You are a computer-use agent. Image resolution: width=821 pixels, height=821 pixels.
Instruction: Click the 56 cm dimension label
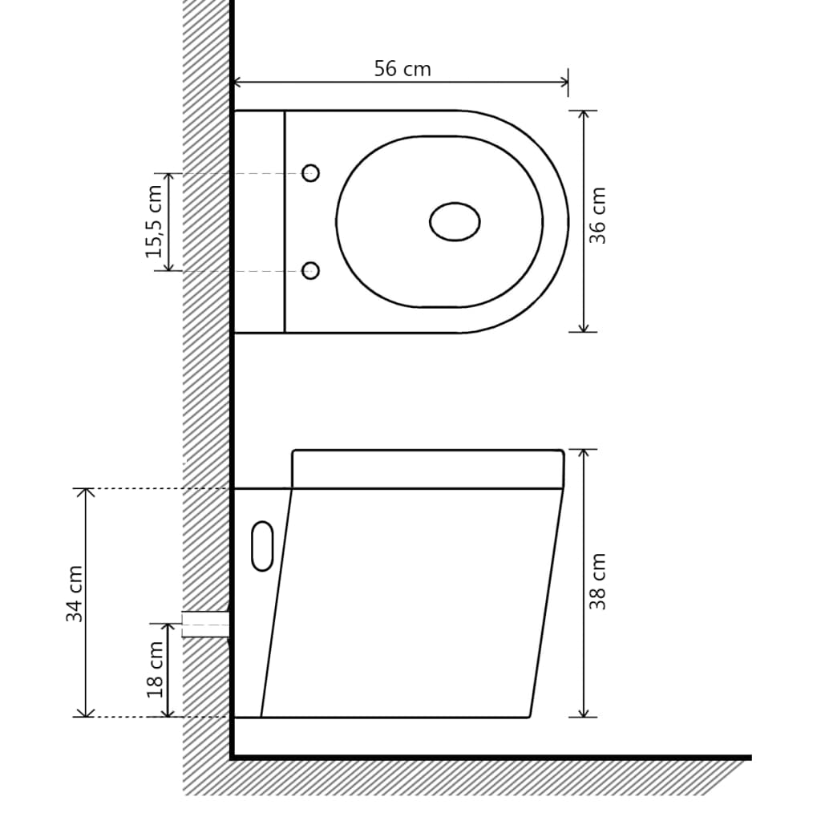pyautogui.click(x=402, y=69)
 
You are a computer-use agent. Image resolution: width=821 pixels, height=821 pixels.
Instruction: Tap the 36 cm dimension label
pyautogui.click(x=598, y=216)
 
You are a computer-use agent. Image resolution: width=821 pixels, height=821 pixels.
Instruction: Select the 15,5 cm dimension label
pyautogui.click(x=154, y=221)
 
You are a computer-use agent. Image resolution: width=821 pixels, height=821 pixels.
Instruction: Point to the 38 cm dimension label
pyautogui.click(x=598, y=581)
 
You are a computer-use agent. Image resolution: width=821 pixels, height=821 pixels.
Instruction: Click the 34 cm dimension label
pyautogui.click(x=75, y=594)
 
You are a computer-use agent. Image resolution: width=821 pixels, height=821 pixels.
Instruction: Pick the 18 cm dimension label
pyautogui.click(x=155, y=669)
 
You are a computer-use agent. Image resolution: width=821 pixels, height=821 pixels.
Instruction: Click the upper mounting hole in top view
pyautogui.click(x=310, y=173)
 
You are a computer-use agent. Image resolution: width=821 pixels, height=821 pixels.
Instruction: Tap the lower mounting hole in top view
pyautogui.click(x=310, y=271)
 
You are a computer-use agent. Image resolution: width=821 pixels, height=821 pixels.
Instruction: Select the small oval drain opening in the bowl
pyautogui.click(x=455, y=222)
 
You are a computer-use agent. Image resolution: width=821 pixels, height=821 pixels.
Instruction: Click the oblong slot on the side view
pyautogui.click(x=262, y=546)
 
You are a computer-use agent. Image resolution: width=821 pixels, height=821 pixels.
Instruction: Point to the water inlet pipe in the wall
pyautogui.click(x=205, y=623)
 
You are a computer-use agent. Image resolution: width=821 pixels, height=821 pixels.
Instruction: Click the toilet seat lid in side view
pyautogui.click(x=427, y=469)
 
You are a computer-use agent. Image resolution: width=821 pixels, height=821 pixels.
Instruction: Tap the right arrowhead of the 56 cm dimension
pyautogui.click(x=563, y=81)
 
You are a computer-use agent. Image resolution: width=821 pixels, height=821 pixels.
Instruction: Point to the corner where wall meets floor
pyautogui.click(x=232, y=756)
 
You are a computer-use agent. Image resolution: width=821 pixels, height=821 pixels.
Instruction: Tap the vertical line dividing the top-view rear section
pyautogui.click(x=285, y=221)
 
